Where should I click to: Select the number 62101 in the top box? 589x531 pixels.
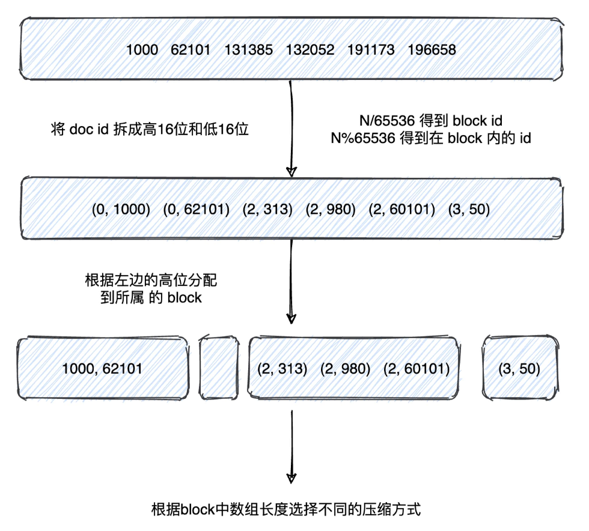click(x=191, y=50)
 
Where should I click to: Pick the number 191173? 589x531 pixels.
click(x=371, y=50)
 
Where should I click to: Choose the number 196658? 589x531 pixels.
click(x=432, y=50)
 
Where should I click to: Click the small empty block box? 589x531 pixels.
click(x=219, y=368)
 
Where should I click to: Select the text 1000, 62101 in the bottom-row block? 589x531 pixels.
click(x=102, y=368)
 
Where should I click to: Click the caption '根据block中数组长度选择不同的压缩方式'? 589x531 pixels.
click(x=286, y=511)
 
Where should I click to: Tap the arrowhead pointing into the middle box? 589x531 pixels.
click(x=291, y=172)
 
